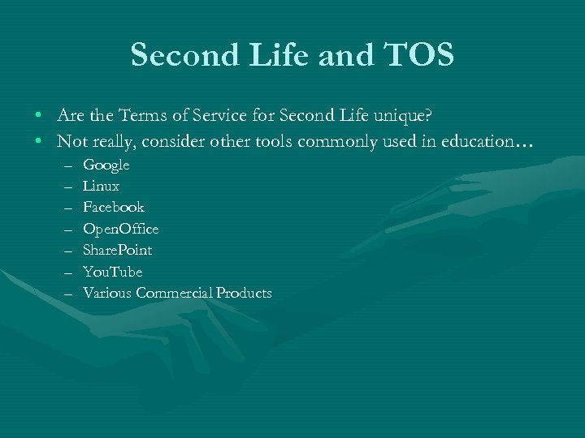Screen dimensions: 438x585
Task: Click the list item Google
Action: pos(106,165)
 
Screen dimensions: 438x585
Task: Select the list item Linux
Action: pos(101,187)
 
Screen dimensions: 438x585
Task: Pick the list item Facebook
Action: pos(113,208)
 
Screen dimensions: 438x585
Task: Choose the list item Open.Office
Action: pos(120,229)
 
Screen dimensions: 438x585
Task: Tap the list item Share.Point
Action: pos(117,250)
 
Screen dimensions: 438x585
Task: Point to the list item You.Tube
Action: pos(112,272)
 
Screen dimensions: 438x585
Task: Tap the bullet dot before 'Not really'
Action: pos(39,142)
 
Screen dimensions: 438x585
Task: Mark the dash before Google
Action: pos(66,165)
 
